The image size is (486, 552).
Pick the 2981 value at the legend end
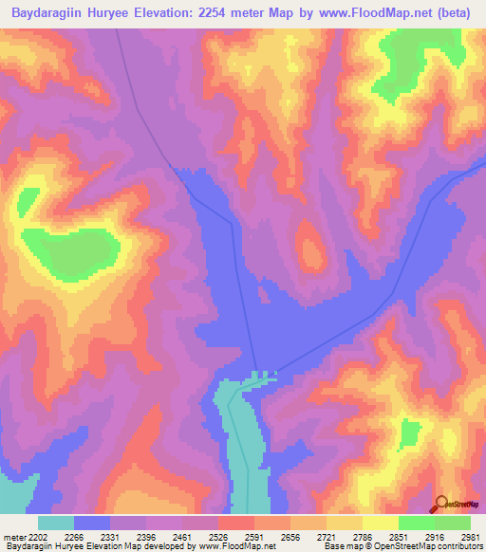point(471,536)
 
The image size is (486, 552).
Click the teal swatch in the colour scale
point(55,523)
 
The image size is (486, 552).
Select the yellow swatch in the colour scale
point(380,523)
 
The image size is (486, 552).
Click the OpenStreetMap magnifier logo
point(441,504)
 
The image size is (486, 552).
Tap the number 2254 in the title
point(223,13)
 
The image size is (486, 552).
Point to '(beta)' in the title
point(453,13)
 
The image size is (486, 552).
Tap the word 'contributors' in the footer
point(459,546)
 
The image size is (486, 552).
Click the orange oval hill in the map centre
point(310,247)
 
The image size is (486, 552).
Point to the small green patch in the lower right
point(410,435)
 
